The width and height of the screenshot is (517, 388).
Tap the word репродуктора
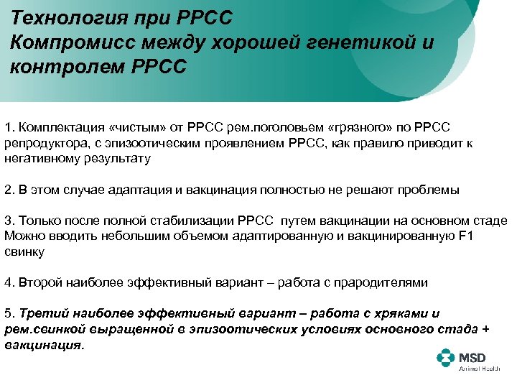coord(42,143)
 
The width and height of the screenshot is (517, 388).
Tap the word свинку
coord(24,251)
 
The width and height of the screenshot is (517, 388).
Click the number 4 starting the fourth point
coord(8,282)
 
